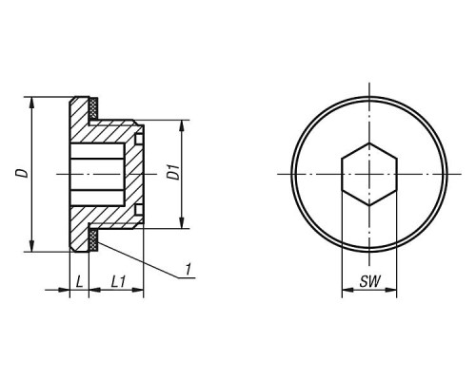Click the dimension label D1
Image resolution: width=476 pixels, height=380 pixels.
(x=173, y=172)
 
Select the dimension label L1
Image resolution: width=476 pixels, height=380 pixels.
(x=118, y=281)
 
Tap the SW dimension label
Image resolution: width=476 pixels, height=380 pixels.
(x=369, y=281)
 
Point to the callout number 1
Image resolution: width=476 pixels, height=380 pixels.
(x=188, y=269)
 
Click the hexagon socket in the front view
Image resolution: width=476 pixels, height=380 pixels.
(x=369, y=174)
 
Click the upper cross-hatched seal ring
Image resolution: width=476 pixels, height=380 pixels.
(x=93, y=108)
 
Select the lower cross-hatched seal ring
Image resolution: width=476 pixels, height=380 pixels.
(x=93, y=240)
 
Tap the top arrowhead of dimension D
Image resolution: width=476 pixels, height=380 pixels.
(x=31, y=102)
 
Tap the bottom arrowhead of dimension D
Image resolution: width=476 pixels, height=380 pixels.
(x=31, y=246)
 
